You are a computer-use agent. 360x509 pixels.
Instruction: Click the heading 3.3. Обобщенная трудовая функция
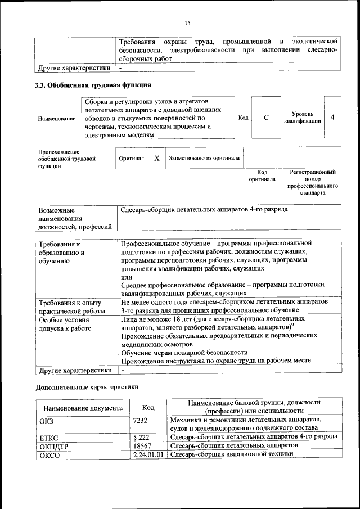pyautogui.click(x=93, y=85)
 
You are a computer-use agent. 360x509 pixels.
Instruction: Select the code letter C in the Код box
pyautogui.click(x=266, y=117)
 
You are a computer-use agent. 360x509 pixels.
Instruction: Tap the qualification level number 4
pyautogui.click(x=333, y=117)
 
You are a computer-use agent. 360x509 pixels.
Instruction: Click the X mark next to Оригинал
pyautogui.click(x=157, y=158)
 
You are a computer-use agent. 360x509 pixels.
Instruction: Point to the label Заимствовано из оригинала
pyautogui.click(x=205, y=158)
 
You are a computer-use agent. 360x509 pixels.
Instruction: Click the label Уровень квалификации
pyautogui.click(x=302, y=117)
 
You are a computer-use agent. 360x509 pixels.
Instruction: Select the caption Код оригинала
pyautogui.click(x=262, y=175)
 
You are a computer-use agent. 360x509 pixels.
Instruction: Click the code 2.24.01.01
pyautogui.click(x=148, y=454)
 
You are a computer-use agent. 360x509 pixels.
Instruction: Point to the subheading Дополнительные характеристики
pyautogui.click(x=87, y=387)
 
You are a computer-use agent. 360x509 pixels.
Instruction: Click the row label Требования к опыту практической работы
pyautogui.click(x=71, y=306)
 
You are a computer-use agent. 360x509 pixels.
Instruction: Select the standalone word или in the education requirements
pyautogui.click(x=127, y=277)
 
